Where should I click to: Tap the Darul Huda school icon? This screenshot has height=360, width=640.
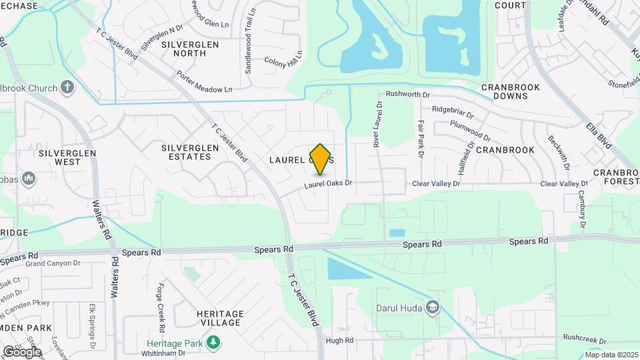(x=433, y=307)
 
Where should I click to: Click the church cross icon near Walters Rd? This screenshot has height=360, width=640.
(x=67, y=87)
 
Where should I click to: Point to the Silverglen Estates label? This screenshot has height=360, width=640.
(x=186, y=151)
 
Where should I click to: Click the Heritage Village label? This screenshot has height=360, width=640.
(x=218, y=318)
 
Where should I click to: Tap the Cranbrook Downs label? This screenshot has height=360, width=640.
(x=513, y=91)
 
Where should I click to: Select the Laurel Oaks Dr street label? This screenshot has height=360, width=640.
(x=328, y=183)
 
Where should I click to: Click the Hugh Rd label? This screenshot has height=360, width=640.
(x=339, y=340)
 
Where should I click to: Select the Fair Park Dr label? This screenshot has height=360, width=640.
(x=421, y=139)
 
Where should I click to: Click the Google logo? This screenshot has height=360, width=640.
(x=22, y=351)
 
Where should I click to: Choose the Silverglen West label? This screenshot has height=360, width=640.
(x=68, y=157)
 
